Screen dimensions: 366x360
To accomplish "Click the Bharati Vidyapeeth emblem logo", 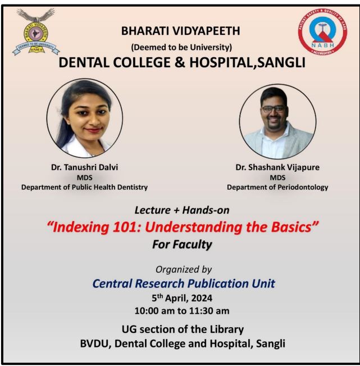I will point(35,33).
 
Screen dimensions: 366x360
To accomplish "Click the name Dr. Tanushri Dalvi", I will point(84,167).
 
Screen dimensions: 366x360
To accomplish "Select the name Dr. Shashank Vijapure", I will point(277,167).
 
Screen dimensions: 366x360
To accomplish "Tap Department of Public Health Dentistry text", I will point(84,187).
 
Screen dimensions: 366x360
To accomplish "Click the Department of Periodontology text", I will point(277,187).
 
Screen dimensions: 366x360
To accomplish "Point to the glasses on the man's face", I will point(273,109).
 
